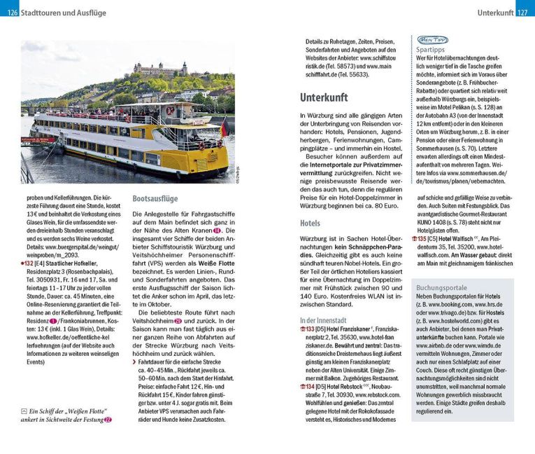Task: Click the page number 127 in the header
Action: [x=524, y=13]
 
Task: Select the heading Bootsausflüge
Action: [x=155, y=198]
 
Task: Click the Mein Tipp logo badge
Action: [x=433, y=40]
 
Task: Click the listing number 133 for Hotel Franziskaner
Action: [x=309, y=329]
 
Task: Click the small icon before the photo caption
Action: [x=24, y=411]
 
